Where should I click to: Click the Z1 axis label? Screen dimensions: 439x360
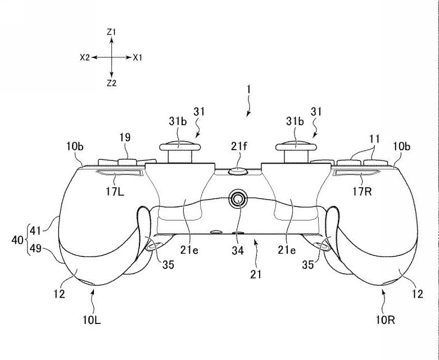(111, 32)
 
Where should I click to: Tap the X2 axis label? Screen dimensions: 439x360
(84, 58)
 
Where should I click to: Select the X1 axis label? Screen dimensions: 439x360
(138, 58)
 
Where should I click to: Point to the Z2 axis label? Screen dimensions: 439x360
(111, 83)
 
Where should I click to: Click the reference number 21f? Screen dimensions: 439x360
(239, 146)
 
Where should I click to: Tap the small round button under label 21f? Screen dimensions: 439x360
(238, 171)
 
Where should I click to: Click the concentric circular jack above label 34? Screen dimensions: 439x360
(238, 199)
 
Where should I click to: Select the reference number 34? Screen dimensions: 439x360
(237, 250)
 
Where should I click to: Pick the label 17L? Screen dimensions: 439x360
(115, 192)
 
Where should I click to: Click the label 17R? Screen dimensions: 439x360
(362, 192)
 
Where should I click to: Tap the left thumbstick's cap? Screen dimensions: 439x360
(180, 146)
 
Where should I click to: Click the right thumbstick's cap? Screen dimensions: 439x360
(296, 146)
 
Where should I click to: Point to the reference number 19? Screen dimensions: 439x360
(125, 138)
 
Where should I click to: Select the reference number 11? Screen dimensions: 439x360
(374, 139)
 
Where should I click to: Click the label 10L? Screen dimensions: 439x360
(92, 319)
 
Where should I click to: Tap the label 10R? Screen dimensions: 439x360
(385, 319)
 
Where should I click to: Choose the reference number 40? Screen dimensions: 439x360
(17, 240)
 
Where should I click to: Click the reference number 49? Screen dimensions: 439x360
(35, 249)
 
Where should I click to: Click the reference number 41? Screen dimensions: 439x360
(35, 231)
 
